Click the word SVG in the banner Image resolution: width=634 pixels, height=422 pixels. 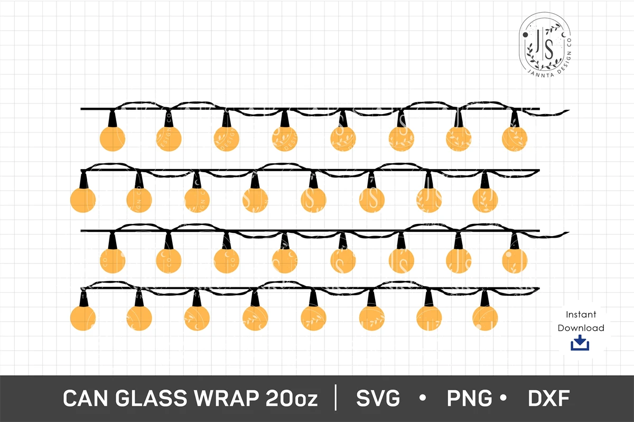click(378, 399)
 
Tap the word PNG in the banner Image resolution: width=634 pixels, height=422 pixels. click(469, 399)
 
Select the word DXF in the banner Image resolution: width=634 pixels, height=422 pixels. click(548, 399)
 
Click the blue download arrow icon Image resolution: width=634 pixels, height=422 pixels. click(580, 343)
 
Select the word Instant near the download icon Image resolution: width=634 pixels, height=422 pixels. click(581, 314)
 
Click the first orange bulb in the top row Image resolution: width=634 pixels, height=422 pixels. click(112, 139)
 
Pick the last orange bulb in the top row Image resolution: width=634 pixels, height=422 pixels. click(515, 138)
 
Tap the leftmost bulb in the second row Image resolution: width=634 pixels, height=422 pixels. click(83, 200)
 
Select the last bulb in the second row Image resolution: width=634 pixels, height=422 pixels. click(485, 200)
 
